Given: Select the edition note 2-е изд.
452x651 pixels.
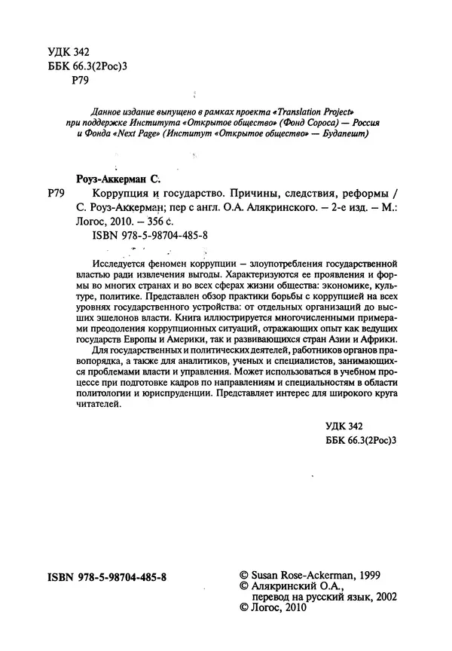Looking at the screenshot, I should click(369, 207).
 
